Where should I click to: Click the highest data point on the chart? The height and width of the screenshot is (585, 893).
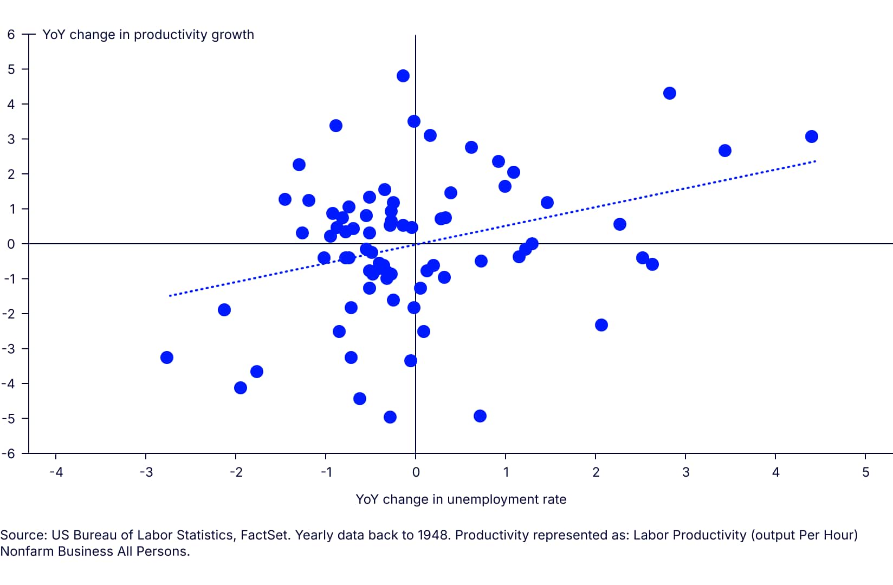click(403, 76)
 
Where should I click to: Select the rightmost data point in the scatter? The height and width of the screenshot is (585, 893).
click(811, 136)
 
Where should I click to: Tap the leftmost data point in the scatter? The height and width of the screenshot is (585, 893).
click(167, 357)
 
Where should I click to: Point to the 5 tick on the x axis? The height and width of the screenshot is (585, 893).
click(865, 472)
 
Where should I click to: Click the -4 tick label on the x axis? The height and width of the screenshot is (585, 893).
click(56, 472)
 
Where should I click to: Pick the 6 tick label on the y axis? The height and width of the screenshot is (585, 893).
click(11, 35)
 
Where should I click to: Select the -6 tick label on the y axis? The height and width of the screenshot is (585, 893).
click(9, 454)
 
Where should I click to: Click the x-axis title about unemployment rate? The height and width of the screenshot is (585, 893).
click(461, 499)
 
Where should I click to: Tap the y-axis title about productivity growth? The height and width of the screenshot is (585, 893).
click(148, 35)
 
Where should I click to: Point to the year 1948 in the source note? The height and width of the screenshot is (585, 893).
click(433, 535)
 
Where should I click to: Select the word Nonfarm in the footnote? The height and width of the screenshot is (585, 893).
click(23, 551)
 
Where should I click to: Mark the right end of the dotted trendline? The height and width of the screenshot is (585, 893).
click(815, 161)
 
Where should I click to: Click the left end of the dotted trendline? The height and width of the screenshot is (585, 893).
click(170, 296)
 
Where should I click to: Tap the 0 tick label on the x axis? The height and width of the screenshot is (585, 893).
click(416, 472)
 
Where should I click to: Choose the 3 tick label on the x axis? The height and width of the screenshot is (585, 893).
click(685, 472)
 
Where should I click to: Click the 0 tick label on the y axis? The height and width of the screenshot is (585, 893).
click(11, 244)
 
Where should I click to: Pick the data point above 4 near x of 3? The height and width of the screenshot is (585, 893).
click(669, 93)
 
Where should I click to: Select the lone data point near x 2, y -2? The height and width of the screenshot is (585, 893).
click(601, 325)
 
